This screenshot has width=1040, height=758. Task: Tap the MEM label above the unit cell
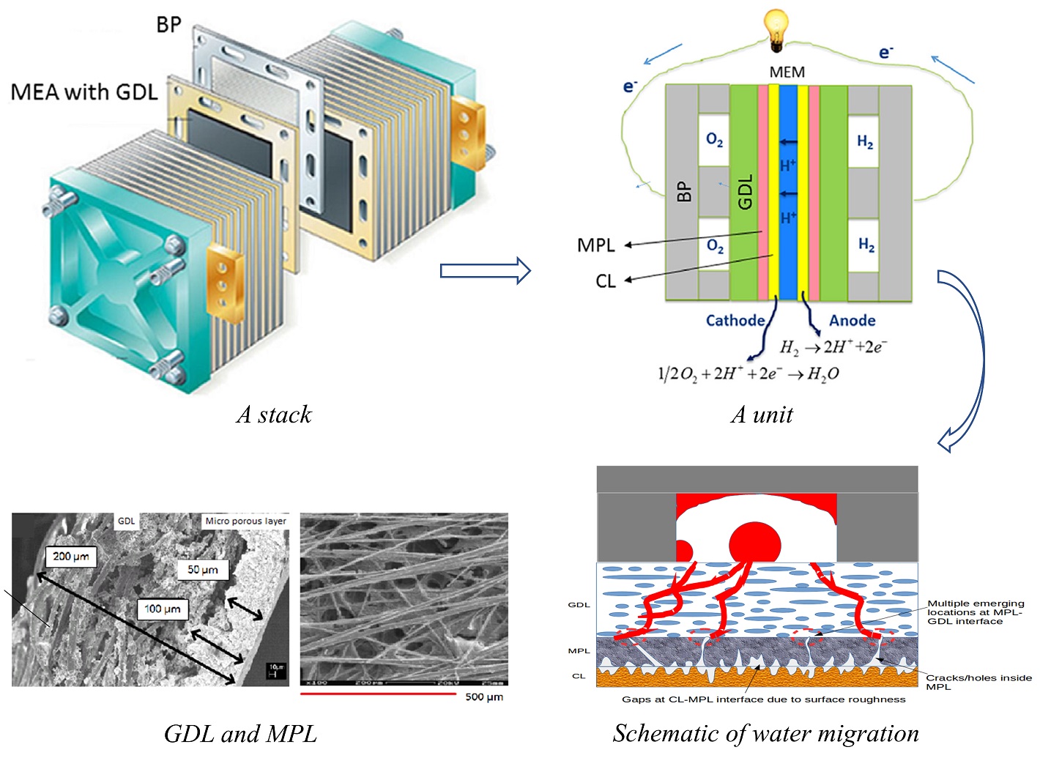tap(787, 73)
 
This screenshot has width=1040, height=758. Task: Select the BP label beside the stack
tap(168, 25)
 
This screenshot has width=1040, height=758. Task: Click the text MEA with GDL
tap(84, 92)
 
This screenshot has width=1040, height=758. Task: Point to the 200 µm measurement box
tap(71, 557)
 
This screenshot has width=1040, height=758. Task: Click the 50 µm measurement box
tap(203, 570)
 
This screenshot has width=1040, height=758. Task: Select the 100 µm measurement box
tap(163, 609)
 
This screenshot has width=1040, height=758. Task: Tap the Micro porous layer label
tap(245, 521)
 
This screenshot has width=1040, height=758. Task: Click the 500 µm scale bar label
tap(484, 696)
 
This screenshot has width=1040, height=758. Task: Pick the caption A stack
tap(274, 415)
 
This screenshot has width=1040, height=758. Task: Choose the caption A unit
tap(762, 415)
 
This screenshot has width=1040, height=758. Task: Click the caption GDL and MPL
tap(240, 734)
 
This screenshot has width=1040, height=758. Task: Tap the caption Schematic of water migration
tap(765, 734)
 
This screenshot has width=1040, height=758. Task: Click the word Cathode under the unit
tap(735, 321)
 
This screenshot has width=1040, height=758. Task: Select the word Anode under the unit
tap(852, 321)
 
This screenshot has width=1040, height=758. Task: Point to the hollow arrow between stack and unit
tap(485, 271)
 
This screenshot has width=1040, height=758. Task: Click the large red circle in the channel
tap(755, 543)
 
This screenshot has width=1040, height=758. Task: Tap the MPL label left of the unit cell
tap(595, 245)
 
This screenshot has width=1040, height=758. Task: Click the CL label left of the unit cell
tap(605, 281)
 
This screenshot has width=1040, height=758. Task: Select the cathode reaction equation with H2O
tap(748, 374)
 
